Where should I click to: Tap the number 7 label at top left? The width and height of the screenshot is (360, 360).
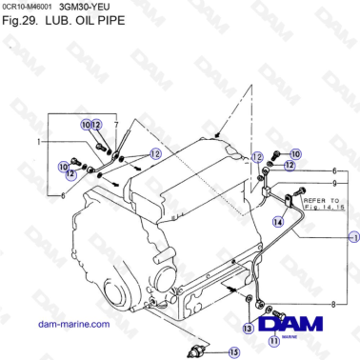115,125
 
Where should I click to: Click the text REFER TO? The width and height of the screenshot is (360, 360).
320,200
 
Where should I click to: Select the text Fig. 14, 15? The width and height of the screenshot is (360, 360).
320,209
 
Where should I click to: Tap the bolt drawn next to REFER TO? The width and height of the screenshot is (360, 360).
292,201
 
